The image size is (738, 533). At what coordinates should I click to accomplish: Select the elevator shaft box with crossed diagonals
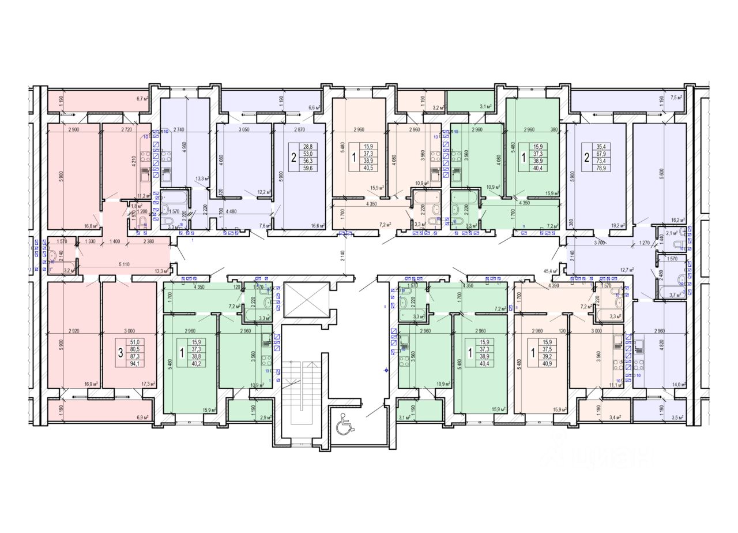307,300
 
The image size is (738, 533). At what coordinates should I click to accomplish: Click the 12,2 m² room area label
264,192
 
